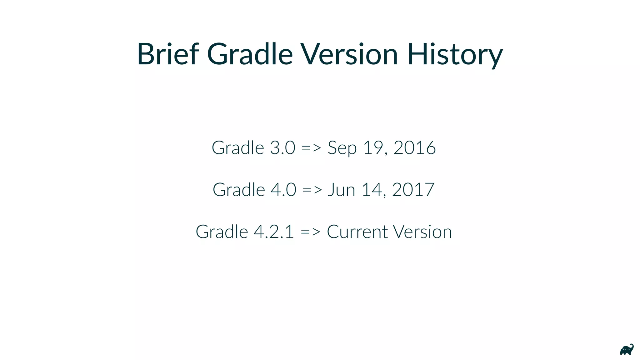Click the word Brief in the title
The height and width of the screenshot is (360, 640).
pos(168,54)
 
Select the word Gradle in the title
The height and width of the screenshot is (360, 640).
pos(250,54)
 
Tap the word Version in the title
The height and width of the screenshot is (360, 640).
pos(349,54)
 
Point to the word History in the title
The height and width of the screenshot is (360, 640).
pos(455,55)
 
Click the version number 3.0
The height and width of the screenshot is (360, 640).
pos(282,147)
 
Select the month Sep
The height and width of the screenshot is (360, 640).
pos(342,148)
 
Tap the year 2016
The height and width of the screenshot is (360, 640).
pos(414,147)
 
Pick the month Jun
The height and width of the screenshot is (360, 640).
pos(341,190)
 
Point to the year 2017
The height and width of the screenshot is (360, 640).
pos(413,190)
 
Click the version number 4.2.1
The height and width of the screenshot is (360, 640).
pos(274,232)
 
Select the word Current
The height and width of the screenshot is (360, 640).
pos(357,232)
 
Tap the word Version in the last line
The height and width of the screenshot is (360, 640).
pos(422,232)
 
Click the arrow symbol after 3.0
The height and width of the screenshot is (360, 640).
pos(311,148)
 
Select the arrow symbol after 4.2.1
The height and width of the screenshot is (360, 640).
pos(310,232)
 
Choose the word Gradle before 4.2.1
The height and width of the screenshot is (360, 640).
pos(222,232)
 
